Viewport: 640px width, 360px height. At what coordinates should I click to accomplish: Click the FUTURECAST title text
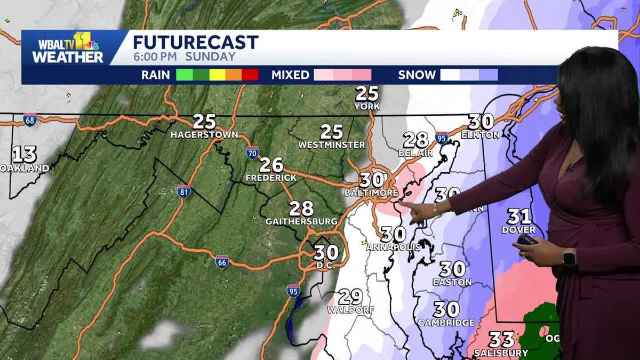(x=195, y=43)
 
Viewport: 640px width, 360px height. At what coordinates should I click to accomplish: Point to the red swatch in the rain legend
(x=250, y=75)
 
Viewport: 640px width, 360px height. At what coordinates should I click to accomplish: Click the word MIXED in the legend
(x=290, y=75)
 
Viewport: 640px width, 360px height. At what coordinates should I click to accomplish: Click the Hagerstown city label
(x=204, y=135)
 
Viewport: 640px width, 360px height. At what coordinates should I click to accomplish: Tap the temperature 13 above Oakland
(x=25, y=155)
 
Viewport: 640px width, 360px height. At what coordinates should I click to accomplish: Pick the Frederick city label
(x=271, y=177)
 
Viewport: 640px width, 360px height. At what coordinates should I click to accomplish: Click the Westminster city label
(x=331, y=145)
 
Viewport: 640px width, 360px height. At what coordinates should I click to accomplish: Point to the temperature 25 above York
(x=367, y=93)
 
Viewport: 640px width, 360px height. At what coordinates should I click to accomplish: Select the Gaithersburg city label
(x=301, y=221)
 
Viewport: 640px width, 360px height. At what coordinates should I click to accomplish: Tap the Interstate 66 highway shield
(x=222, y=261)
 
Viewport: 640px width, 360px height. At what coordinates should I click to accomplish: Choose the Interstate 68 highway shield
(x=30, y=119)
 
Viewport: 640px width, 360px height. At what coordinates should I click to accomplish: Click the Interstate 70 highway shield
(x=253, y=153)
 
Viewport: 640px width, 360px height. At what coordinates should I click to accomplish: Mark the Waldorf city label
(x=350, y=309)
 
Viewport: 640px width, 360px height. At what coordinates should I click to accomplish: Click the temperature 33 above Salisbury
(x=501, y=339)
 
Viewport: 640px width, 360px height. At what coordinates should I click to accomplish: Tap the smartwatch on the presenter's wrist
(x=569, y=258)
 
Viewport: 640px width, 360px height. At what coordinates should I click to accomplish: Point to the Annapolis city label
(x=393, y=247)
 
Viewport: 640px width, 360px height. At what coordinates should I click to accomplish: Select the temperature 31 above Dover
(x=519, y=217)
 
